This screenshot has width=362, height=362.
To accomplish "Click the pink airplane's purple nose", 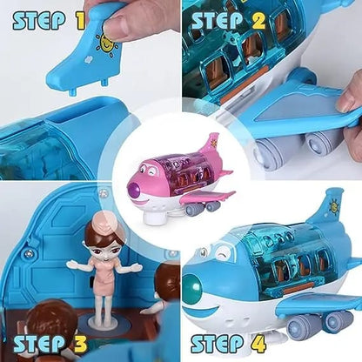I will [137, 184].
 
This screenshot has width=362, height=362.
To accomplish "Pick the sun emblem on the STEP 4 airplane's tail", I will [333, 208].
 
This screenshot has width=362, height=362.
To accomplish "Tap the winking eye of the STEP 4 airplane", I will [225, 254].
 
